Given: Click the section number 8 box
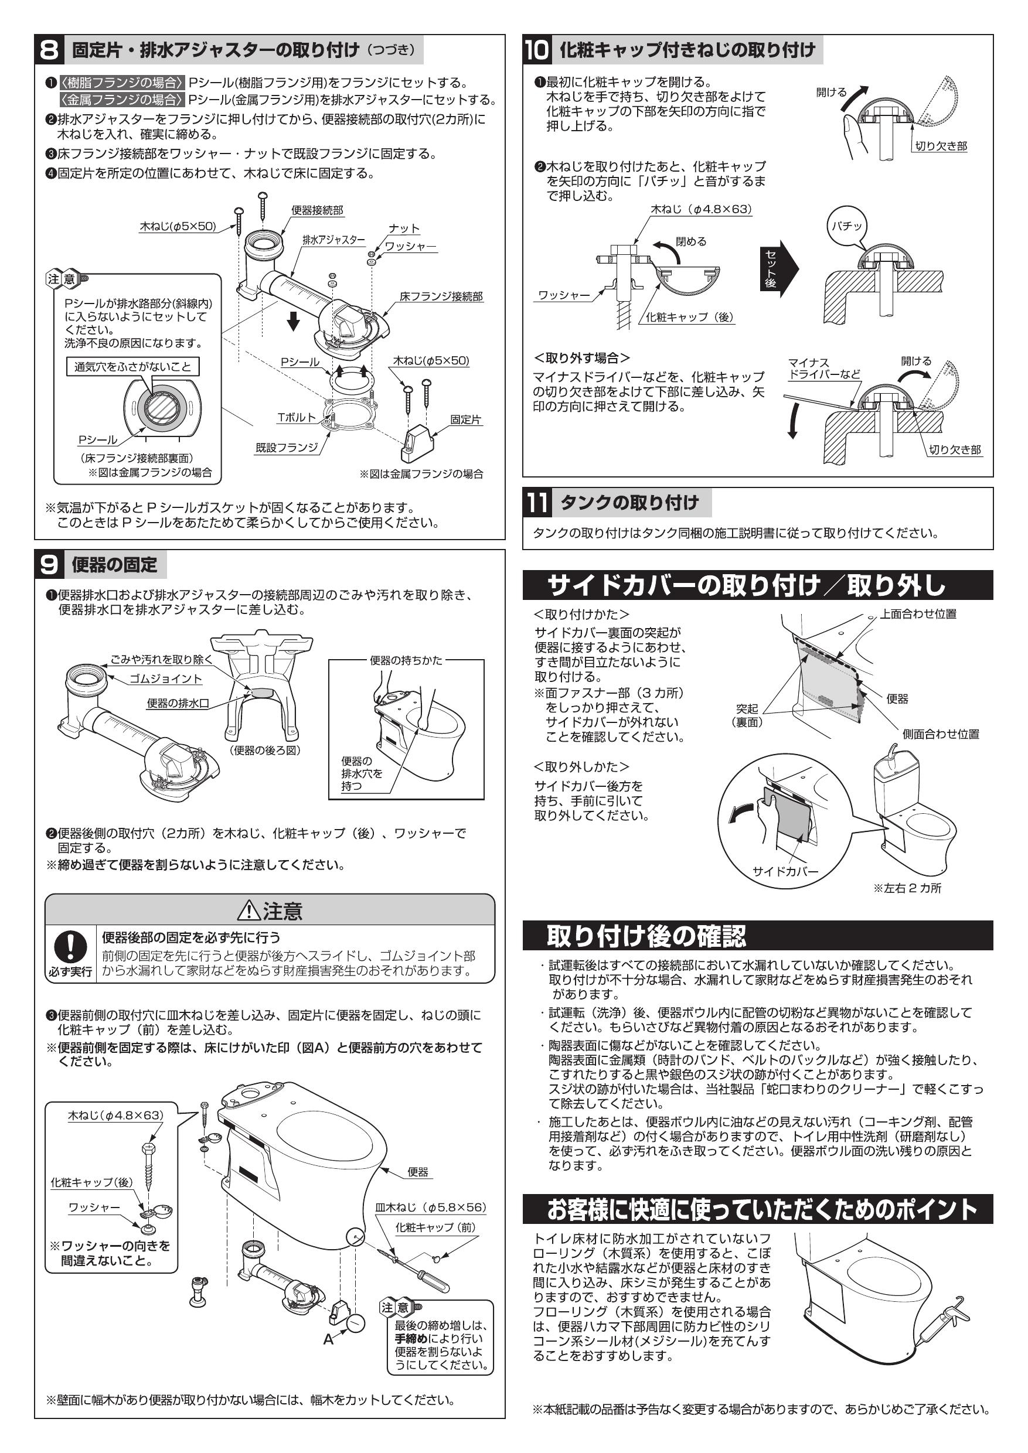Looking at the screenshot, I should (x=49, y=49).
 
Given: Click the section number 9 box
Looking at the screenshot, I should (x=49, y=564).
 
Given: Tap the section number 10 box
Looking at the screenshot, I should (x=537, y=49).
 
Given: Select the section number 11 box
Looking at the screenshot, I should (x=537, y=503).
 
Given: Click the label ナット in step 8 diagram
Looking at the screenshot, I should (x=404, y=228).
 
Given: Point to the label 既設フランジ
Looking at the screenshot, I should (x=286, y=448).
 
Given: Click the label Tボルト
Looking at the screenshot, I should (x=296, y=417).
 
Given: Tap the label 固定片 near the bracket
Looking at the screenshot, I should (x=465, y=419).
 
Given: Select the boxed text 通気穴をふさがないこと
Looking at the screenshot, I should (x=132, y=366).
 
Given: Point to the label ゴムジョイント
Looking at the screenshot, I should (x=165, y=678).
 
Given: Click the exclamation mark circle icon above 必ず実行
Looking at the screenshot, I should (x=70, y=947).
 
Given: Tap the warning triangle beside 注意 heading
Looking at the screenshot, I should (x=249, y=911).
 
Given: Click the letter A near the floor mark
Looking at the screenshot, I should (x=328, y=1340).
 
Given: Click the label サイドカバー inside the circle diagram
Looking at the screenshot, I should (x=785, y=871).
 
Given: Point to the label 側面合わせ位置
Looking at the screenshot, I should (x=940, y=734).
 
